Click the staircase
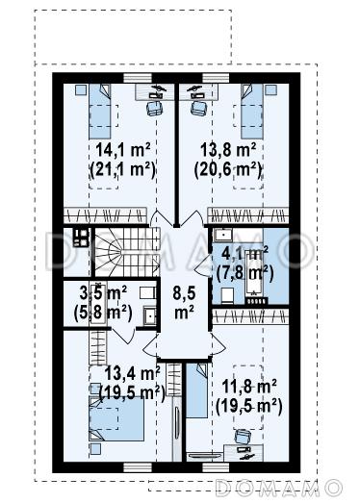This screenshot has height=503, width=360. pos(127,252)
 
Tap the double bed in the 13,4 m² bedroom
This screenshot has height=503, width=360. pos(116,419)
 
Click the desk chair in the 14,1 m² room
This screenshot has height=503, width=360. pos(155,108)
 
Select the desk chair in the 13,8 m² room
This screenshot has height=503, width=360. pos(198,108)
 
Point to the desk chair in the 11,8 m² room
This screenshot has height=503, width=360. pos(243,437)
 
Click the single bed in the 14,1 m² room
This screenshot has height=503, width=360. pos(100,112)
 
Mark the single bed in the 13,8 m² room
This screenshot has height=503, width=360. pos(252,112)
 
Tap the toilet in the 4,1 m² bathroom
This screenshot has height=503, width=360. pos(228,295)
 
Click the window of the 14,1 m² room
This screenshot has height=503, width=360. pos(138,78)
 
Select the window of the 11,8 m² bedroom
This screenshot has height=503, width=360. pos(216,467)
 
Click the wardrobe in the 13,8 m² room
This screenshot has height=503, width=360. pos(248,215)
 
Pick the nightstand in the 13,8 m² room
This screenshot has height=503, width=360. pos(271,89)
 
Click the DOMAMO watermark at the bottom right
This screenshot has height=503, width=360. pos(278,489)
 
